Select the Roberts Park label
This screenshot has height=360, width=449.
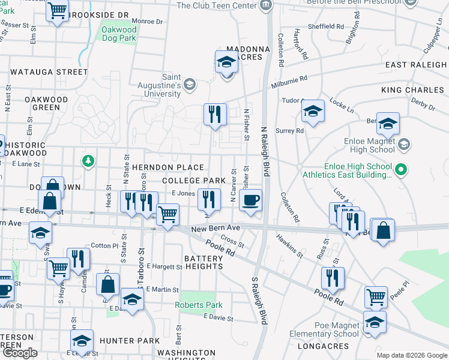pos(199,305)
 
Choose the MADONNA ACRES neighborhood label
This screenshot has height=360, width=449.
pos(244,53)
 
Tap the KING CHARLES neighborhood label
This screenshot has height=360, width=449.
pos(414,89)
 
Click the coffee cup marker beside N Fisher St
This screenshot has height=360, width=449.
pos(250,200)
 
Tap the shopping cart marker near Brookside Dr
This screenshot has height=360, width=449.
pos(57,11)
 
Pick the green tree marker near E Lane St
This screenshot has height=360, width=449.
pos(88,160)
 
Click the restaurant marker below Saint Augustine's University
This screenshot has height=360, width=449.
pos(215,113)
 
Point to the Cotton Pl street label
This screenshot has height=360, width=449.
pos(104,245)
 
